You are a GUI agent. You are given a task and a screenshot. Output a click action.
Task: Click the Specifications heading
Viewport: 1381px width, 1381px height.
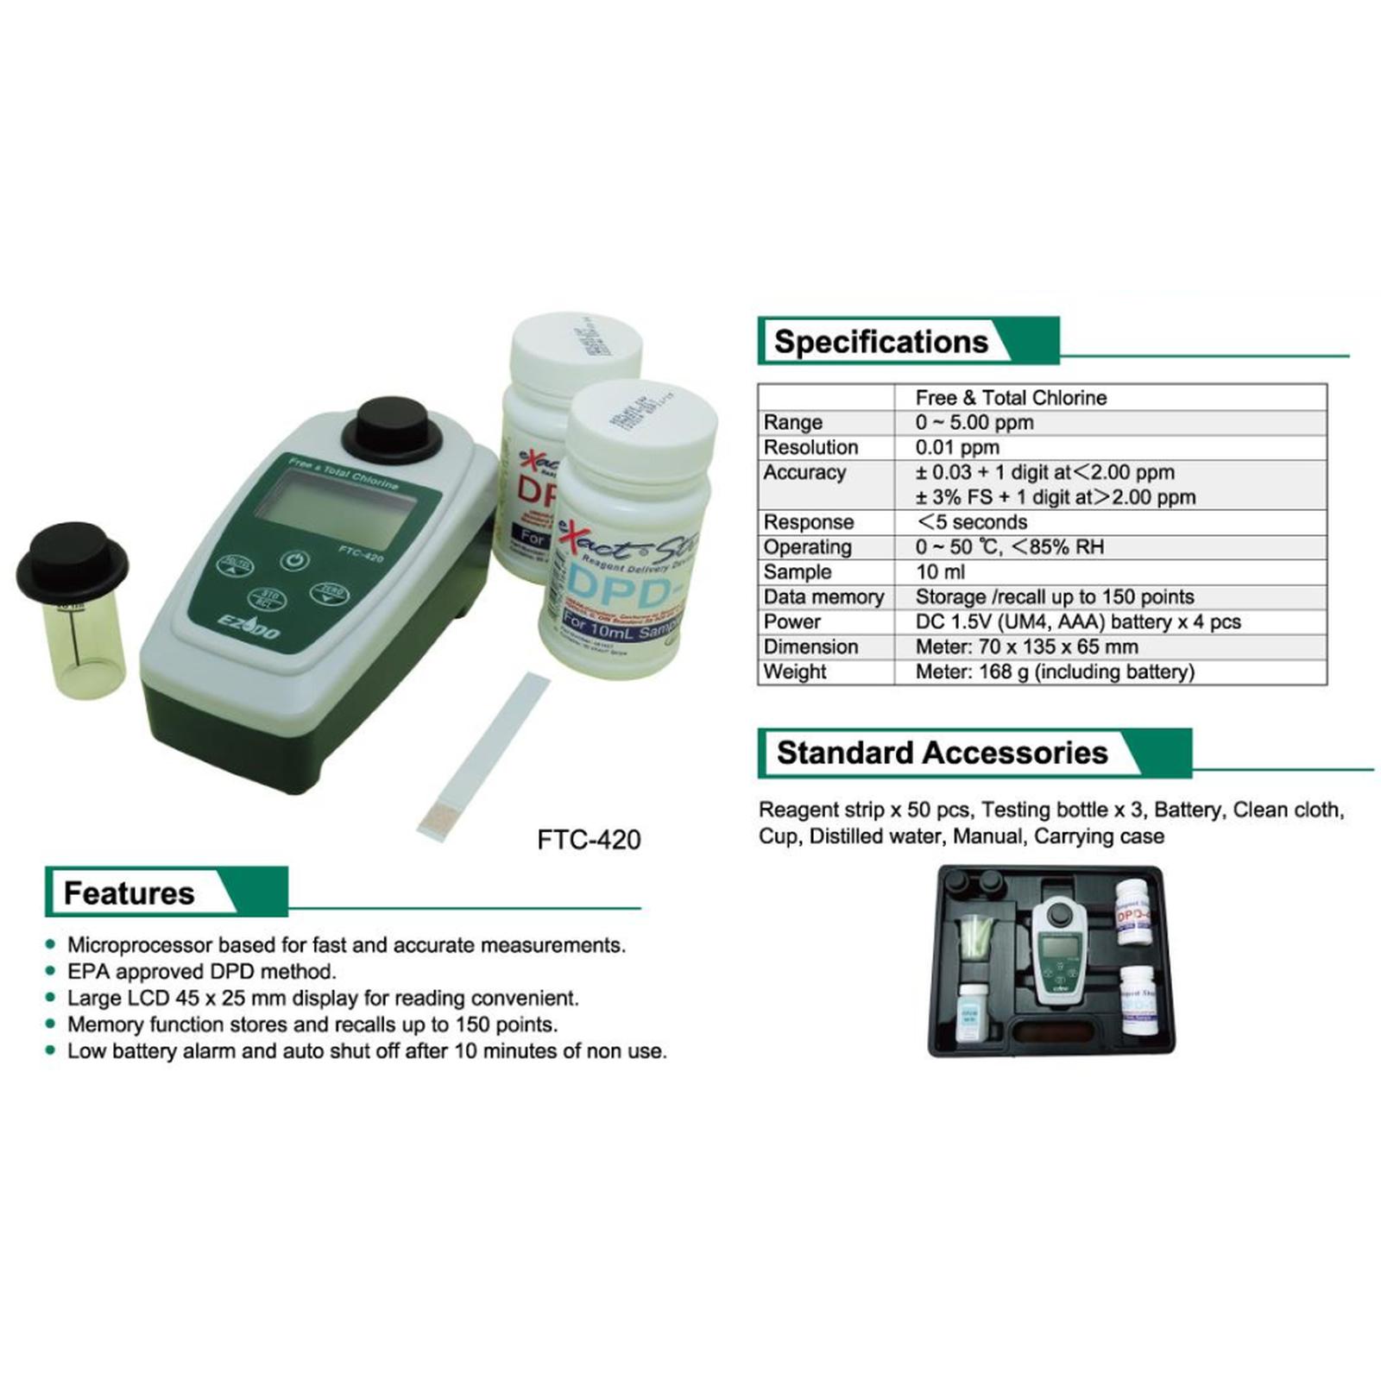click(x=880, y=342)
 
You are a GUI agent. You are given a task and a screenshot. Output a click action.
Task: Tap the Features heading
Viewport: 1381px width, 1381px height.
click(x=129, y=893)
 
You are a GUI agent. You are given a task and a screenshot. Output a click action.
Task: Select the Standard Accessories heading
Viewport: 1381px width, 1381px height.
click(x=942, y=753)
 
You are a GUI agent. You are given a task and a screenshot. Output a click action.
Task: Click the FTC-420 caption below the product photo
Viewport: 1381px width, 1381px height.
click(x=589, y=840)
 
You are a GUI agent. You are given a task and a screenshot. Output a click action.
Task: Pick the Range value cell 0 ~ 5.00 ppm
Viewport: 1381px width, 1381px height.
click(x=974, y=423)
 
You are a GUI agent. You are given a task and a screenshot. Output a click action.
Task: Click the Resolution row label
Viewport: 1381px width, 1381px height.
click(x=810, y=448)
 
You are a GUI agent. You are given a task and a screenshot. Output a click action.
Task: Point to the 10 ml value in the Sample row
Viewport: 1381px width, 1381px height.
click(x=940, y=572)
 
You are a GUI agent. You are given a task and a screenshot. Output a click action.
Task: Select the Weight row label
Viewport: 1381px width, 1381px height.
click(x=794, y=672)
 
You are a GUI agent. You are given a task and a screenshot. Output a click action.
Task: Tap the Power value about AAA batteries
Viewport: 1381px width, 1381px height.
click(x=1077, y=622)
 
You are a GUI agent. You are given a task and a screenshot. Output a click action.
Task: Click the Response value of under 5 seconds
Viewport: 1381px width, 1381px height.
click(x=971, y=522)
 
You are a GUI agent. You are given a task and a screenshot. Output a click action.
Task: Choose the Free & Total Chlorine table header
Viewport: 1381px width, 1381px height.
click(x=1011, y=398)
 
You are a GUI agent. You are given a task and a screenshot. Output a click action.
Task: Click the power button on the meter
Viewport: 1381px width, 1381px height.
click(x=295, y=560)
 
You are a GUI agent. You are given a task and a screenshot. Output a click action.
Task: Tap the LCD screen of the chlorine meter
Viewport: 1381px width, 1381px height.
click(x=335, y=511)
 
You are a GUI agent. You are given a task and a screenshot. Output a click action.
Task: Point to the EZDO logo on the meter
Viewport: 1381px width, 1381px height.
click(x=250, y=627)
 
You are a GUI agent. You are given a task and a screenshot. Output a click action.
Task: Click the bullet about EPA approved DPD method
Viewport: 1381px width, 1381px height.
click(x=201, y=972)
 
